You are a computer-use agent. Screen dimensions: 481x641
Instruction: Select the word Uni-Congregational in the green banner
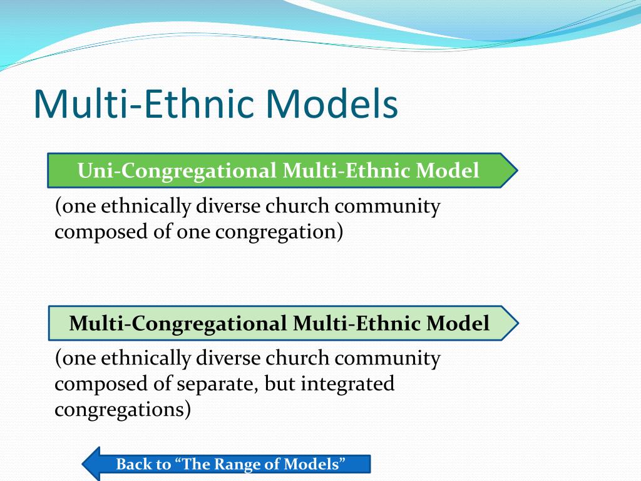(177, 170)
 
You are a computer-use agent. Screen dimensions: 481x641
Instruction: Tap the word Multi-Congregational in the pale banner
(178, 323)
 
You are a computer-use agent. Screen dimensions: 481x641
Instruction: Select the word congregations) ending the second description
(122, 410)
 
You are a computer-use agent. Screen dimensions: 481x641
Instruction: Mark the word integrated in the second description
(347, 384)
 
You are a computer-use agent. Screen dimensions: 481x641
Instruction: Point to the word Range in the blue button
(238, 464)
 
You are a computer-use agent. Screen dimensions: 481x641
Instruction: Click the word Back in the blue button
(135, 464)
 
